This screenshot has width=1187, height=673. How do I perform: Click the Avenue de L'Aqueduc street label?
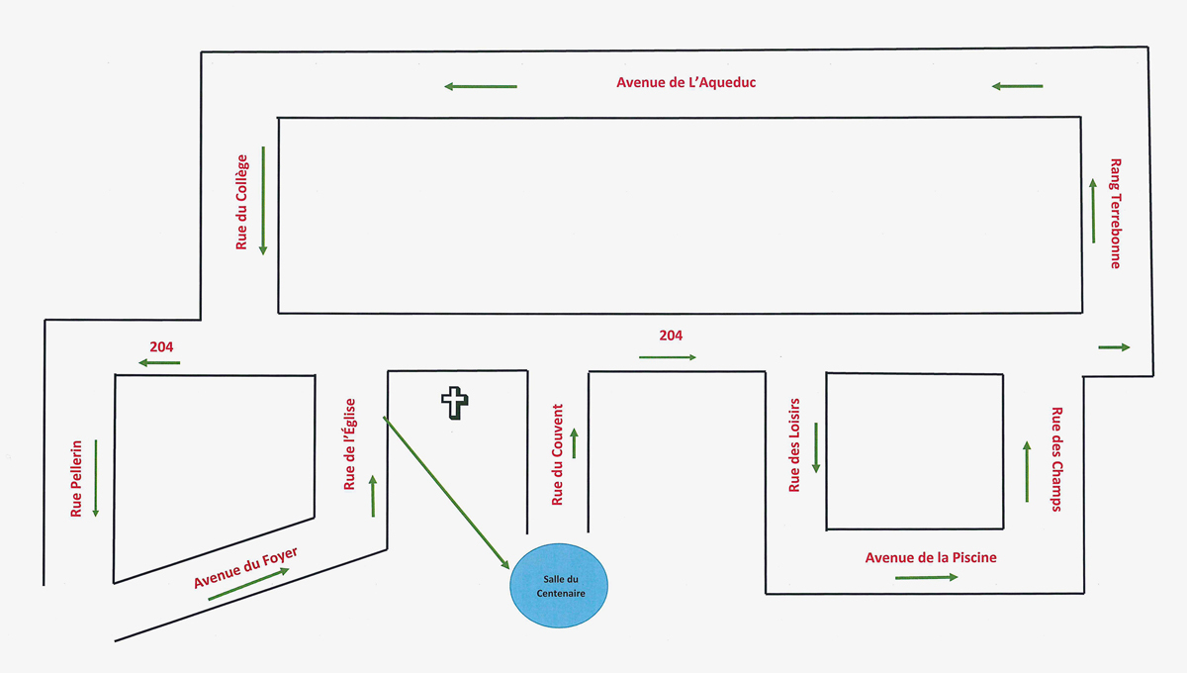point(685,82)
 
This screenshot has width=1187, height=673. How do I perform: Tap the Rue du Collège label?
point(241,202)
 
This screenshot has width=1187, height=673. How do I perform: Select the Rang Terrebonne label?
point(1116,213)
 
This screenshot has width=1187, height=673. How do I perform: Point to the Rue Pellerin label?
point(76,478)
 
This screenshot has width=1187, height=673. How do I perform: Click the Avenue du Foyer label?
point(245,567)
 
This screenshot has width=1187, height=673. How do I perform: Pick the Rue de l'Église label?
point(350,444)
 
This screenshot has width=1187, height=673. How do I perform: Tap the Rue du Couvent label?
point(558,454)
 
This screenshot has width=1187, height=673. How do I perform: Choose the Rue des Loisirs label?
point(794,445)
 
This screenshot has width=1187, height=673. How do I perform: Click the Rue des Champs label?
point(1056,459)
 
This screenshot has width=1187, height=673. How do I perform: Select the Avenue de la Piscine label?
point(931,557)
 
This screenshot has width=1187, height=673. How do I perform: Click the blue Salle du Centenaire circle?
point(559,586)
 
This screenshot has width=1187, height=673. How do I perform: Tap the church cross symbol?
point(455,403)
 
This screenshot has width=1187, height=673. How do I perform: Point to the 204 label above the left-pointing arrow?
point(161,346)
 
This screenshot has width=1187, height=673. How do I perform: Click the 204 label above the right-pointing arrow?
point(671,336)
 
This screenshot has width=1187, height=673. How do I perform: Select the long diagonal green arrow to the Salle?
point(446,493)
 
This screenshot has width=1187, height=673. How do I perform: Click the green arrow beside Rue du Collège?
point(263,201)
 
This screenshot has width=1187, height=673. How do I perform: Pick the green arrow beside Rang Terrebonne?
point(1093,211)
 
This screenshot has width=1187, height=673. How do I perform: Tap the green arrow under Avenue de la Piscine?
point(926,577)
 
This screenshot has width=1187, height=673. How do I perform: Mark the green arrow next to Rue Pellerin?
point(96,478)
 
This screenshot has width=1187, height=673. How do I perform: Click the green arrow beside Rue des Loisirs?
point(816,447)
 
